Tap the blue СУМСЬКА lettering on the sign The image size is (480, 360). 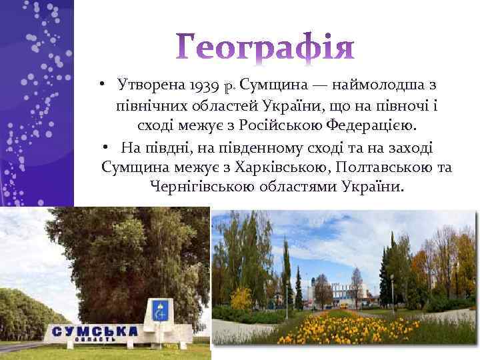95,331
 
